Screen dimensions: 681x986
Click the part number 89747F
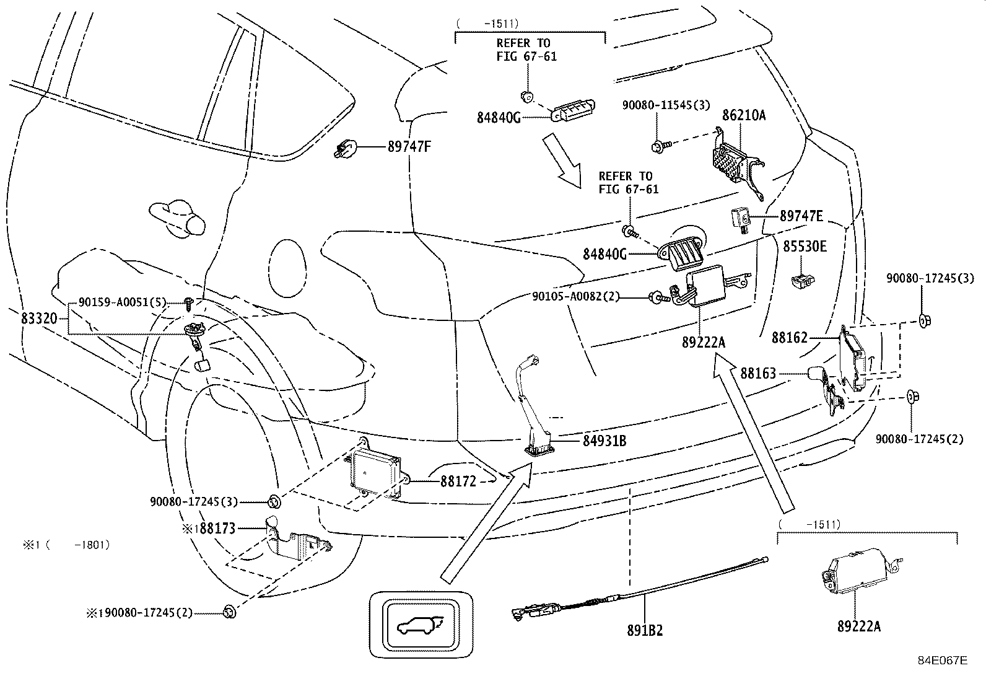coord(409,147)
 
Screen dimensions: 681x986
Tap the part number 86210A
coord(744,115)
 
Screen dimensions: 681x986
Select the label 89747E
coord(801,216)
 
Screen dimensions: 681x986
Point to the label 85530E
coord(805,247)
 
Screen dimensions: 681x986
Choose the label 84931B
coord(604,441)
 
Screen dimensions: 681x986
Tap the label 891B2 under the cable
coord(644,630)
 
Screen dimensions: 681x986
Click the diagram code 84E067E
coord(942,661)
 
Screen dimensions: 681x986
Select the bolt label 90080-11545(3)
coord(666,105)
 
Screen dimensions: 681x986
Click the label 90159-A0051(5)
coord(123,302)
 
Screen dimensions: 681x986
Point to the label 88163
coord(758,374)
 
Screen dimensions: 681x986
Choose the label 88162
coord(790,338)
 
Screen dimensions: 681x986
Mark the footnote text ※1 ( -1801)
coord(66,545)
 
